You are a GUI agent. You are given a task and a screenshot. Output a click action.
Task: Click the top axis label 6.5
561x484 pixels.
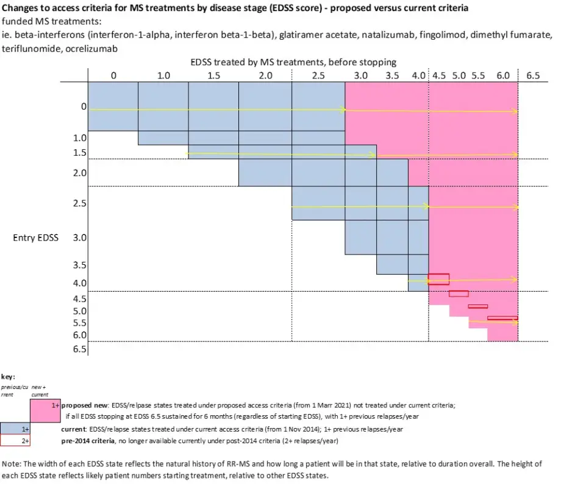point(533,76)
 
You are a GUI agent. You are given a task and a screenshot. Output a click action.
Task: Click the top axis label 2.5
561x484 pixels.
point(318,76)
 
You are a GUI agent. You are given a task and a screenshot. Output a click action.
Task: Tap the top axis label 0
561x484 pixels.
point(113,76)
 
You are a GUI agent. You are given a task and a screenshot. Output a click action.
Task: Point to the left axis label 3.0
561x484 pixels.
point(80,237)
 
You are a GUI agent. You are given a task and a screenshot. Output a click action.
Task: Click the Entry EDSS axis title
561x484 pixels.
point(35,237)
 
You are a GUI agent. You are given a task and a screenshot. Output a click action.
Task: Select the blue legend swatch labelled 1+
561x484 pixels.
point(16,429)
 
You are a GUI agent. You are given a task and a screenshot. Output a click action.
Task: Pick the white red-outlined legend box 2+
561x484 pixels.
point(16,440)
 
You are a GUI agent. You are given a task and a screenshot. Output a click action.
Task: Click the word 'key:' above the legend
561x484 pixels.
point(8,377)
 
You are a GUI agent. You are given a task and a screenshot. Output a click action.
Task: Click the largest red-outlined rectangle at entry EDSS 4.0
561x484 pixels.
point(438,279)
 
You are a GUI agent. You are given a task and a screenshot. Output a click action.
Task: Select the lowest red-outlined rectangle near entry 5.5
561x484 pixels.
point(502,318)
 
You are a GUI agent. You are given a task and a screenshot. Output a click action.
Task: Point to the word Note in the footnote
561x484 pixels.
point(12,463)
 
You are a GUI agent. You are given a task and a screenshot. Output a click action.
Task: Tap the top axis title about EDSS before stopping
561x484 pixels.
point(293,62)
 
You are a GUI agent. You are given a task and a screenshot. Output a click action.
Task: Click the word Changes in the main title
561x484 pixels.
point(20,8)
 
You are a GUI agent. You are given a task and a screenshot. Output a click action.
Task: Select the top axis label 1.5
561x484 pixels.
point(213,76)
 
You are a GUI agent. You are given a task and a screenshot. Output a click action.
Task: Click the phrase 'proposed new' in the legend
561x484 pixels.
point(85,404)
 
